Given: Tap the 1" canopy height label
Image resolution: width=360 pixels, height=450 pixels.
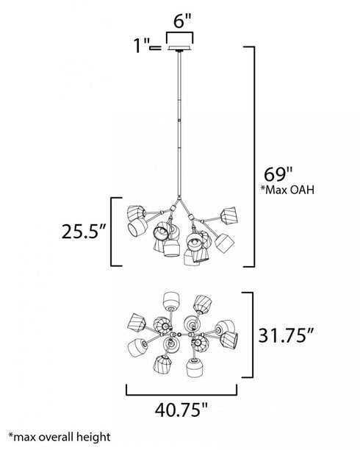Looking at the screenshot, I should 142,49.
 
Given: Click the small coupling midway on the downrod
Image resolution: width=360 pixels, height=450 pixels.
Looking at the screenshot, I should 178,123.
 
